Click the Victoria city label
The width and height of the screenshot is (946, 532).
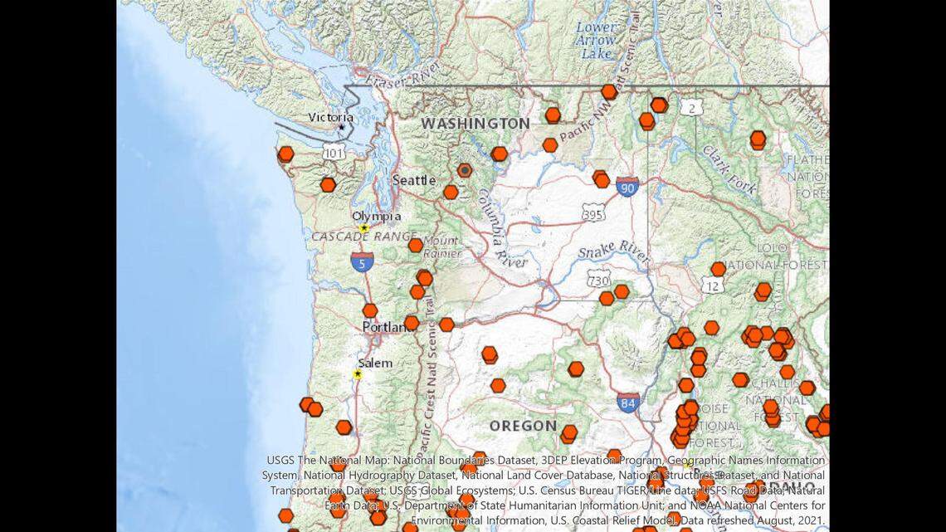[330, 117]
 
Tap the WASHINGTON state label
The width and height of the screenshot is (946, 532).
[475, 124]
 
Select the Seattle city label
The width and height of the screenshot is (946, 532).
[413, 180]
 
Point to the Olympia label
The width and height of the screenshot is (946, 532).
[376, 217]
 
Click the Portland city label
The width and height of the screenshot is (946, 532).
[388, 327]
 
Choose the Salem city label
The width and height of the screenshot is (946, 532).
[375, 364]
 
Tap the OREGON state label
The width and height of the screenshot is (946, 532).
[523, 426]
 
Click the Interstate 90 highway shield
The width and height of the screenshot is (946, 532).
[627, 188]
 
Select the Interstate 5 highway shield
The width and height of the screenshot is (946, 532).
[361, 262]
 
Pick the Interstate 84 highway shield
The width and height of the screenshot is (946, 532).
[628, 404]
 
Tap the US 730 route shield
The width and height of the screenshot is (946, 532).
[597, 281]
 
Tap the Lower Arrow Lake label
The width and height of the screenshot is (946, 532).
[596, 40]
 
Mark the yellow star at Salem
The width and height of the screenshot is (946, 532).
[358, 374]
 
